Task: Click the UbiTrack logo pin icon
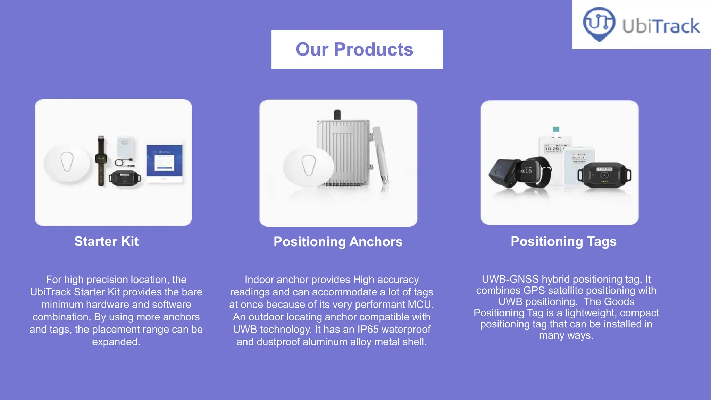click(599, 24)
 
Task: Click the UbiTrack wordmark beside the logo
click(661, 26)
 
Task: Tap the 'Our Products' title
click(354, 49)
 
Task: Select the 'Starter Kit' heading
click(106, 241)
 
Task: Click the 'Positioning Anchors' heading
click(338, 242)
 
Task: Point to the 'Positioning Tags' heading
click(563, 241)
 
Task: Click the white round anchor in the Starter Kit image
click(67, 162)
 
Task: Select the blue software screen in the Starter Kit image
click(164, 161)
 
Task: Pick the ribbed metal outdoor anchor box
click(344, 153)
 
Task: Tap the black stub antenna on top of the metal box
click(337, 115)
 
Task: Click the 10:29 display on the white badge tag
click(552, 149)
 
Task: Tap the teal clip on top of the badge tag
click(556, 130)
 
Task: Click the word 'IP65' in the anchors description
click(368, 329)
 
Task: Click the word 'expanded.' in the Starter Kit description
click(116, 342)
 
